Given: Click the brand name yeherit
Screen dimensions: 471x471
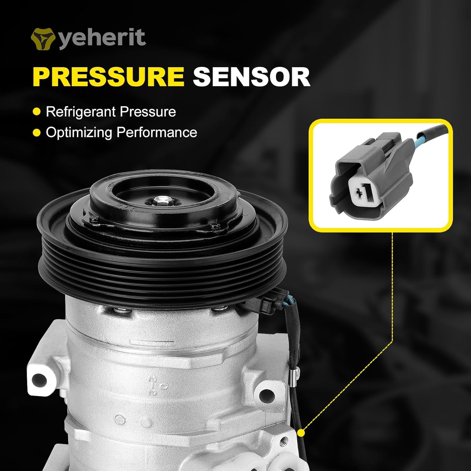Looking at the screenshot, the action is pos(102,38).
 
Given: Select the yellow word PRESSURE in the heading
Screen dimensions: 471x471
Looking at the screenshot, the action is pos(108,77).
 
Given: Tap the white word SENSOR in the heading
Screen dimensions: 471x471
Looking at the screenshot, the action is pos(252,77).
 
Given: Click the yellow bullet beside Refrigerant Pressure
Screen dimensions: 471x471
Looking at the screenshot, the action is pos(37,112).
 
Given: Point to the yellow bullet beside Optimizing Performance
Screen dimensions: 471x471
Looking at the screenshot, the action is pos(37,133).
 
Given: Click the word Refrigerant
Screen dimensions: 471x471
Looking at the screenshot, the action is pos(81,112).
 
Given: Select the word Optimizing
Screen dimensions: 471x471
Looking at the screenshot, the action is pos(79,133).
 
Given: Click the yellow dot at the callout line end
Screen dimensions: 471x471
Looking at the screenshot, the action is pos(301,433).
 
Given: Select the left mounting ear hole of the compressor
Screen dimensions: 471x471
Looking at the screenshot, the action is pos(40,380).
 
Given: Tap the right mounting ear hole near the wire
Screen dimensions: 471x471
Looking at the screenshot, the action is pos(267,393).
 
